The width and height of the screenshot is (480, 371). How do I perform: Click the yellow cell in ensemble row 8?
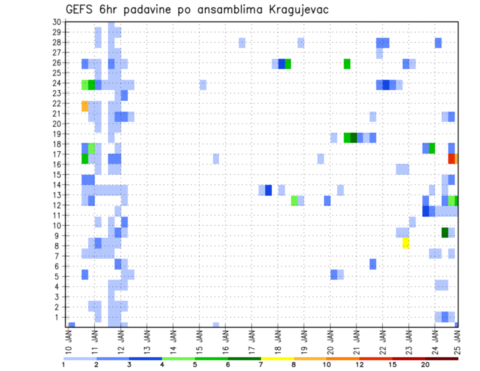click(x=405, y=243)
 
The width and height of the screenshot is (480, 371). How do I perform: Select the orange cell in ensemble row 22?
click(x=85, y=106)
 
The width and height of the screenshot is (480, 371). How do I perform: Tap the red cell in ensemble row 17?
click(x=451, y=158)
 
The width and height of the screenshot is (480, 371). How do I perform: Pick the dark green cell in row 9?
click(x=445, y=232)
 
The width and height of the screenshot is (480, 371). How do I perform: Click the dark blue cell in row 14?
click(x=268, y=190)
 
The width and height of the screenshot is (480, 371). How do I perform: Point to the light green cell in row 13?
click(x=294, y=200)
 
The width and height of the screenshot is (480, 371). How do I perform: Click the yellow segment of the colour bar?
click(x=277, y=358)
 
